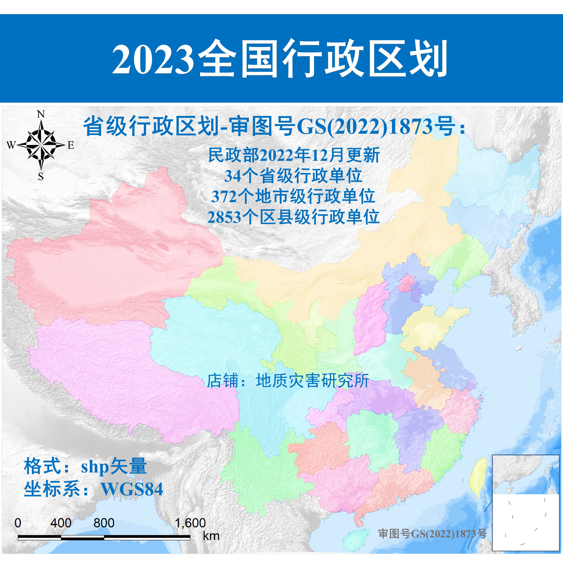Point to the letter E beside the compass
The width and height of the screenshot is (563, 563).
71,145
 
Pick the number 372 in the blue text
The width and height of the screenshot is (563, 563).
224,197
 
